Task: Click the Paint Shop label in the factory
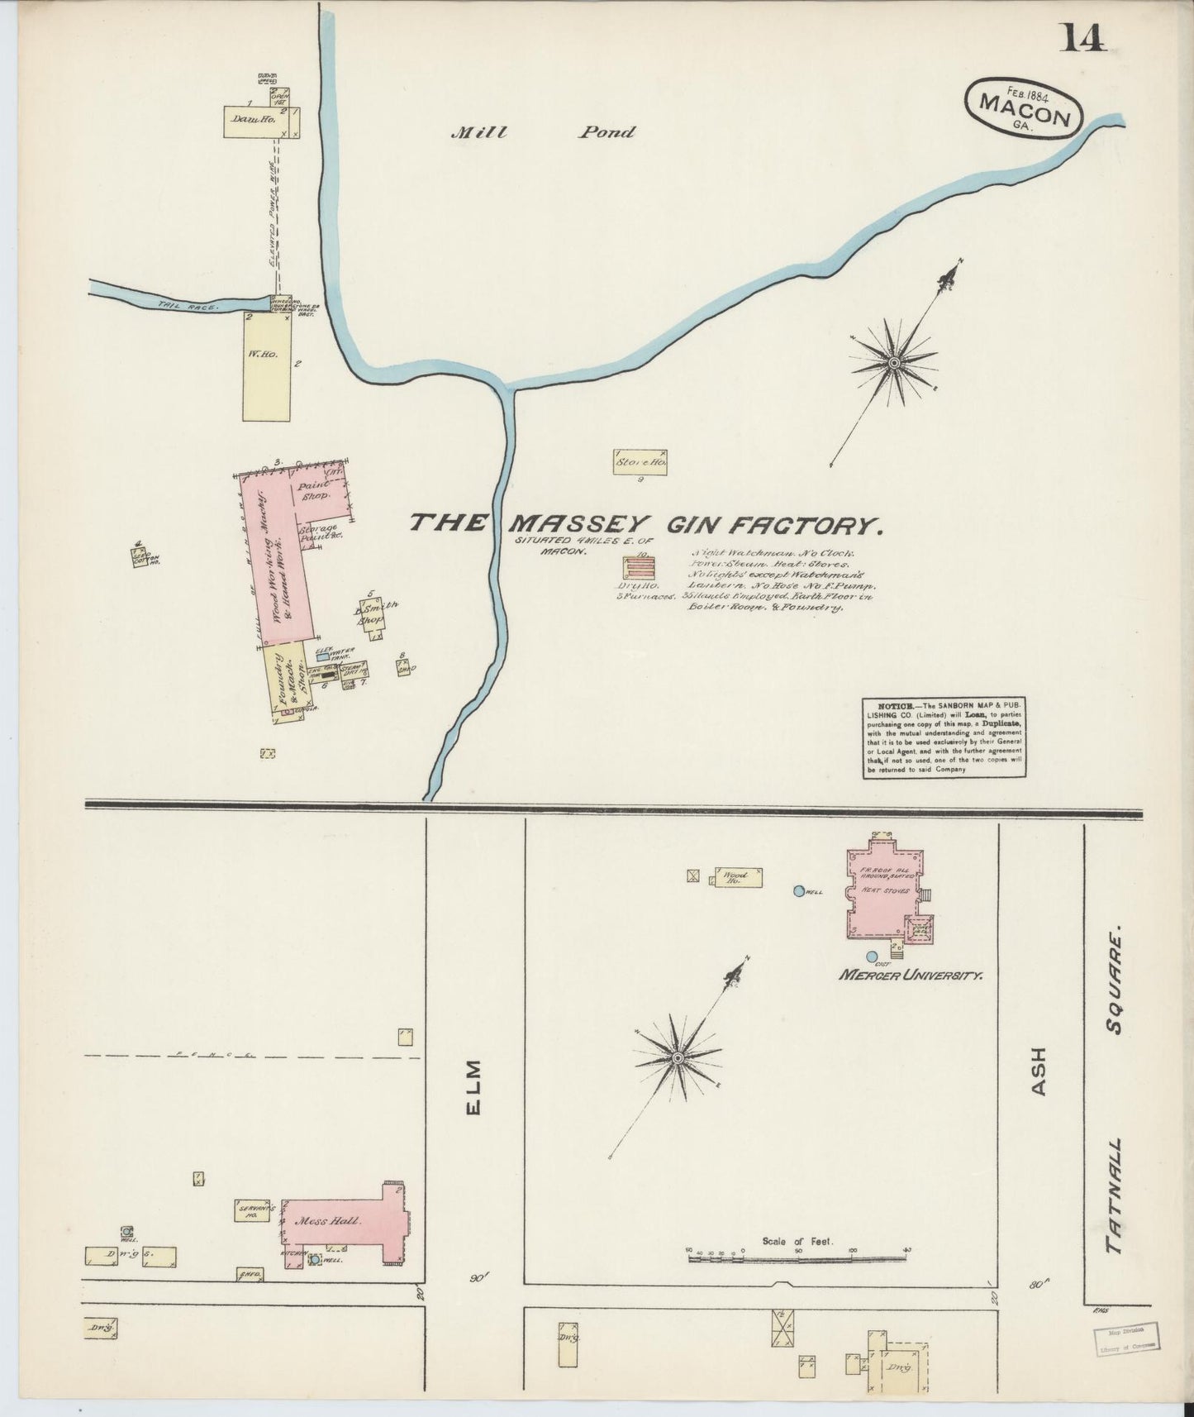point(314,490)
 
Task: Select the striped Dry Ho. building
point(639,569)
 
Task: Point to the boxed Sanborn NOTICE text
point(944,737)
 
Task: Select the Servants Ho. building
point(253,1211)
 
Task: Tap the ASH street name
point(1039,1072)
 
